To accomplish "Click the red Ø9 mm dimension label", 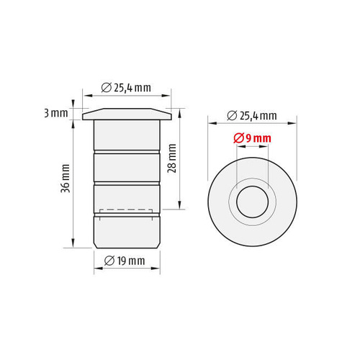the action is coord(252,138).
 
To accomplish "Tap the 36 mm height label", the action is coord(66,179).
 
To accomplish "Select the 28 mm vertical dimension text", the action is coord(172,158).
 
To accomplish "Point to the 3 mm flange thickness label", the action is coord(56,113).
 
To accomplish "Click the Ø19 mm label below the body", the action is coord(125,261).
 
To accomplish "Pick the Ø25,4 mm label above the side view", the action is coord(126,88).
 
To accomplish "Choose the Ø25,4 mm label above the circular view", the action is coord(252,116).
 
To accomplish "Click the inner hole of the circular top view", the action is coord(252,202).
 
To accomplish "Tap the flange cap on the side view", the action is coord(127,114).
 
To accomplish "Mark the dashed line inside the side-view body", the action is coord(126,210).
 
